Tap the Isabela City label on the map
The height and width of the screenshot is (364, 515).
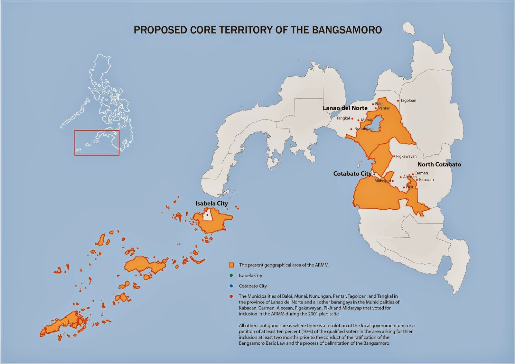point(211,204)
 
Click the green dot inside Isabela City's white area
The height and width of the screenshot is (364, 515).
point(207,215)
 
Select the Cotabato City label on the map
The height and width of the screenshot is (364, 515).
point(352,174)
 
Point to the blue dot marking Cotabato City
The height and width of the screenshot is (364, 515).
point(374,174)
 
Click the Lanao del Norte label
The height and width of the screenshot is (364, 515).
point(345,108)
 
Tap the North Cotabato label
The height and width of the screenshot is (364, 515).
point(439,164)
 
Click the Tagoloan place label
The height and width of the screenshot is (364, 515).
point(408,101)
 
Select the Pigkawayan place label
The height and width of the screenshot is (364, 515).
point(406,156)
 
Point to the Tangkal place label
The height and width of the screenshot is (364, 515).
point(343,118)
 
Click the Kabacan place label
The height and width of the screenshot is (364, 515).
point(426,180)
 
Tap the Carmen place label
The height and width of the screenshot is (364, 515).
point(421,173)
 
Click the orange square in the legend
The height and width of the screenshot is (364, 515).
point(231,265)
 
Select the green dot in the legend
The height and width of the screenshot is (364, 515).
point(231,275)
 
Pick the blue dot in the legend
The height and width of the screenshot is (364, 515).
point(231,286)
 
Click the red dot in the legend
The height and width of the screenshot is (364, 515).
point(231,296)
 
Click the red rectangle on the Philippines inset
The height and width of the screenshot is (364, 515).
point(97,143)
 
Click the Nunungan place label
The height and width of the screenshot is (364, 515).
point(363,129)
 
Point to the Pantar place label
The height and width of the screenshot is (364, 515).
point(384,108)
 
